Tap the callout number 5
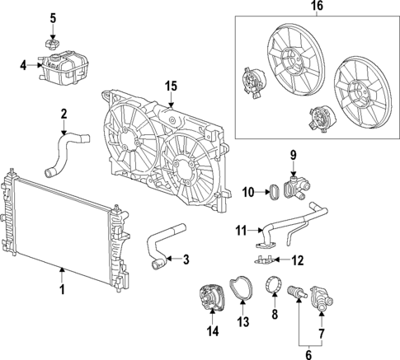53,18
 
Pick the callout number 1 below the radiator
61,290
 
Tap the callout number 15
171,86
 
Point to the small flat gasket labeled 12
266,260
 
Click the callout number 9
292,154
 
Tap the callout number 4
23,63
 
